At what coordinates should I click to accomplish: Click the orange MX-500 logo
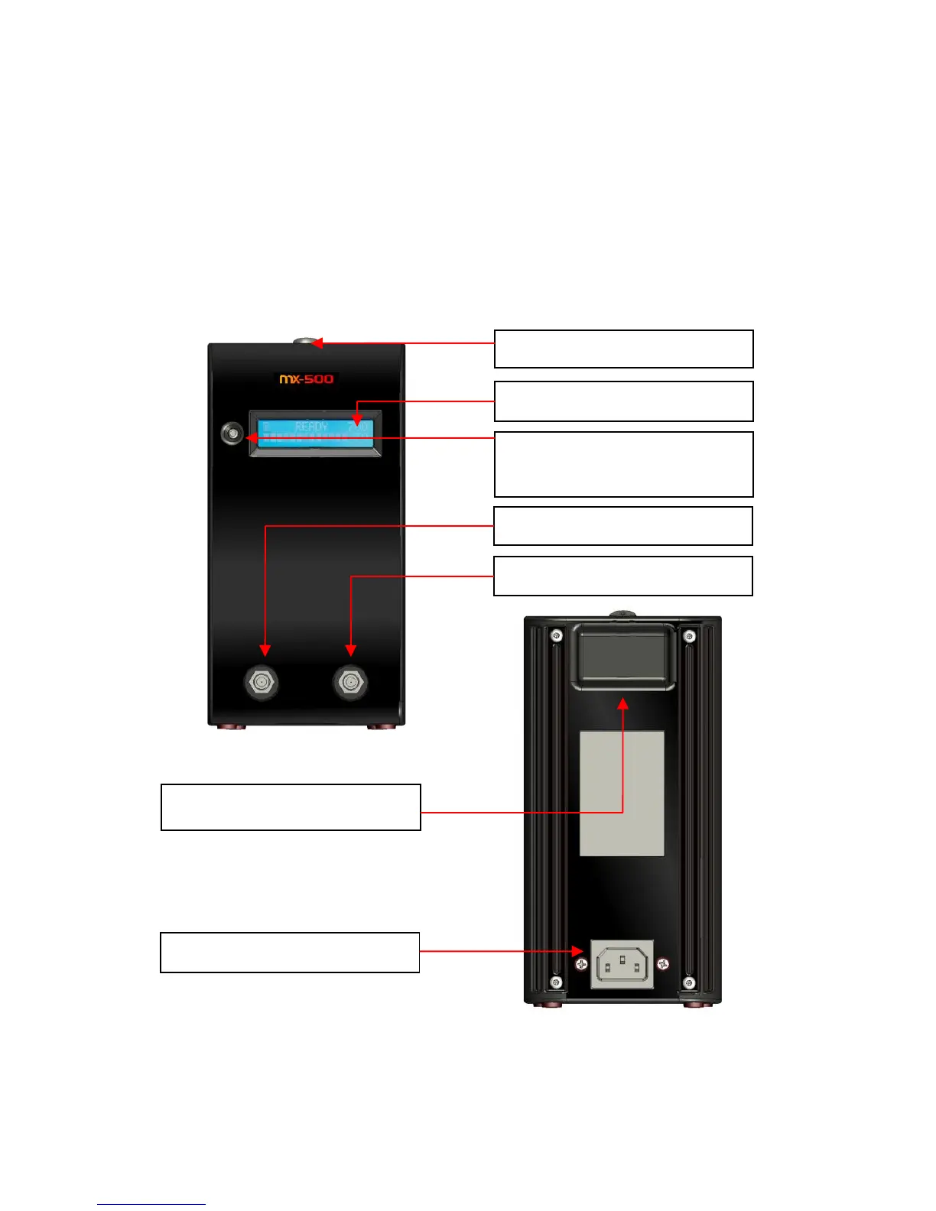tap(306, 378)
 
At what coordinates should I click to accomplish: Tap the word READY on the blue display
tap(311, 427)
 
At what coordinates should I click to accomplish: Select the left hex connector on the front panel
tap(261, 682)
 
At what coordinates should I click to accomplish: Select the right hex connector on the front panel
tap(350, 682)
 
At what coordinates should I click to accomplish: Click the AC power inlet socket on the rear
tap(622, 964)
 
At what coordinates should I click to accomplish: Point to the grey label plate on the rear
tap(622, 793)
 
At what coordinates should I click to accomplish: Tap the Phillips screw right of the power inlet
tap(663, 963)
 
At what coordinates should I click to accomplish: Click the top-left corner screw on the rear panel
tap(556, 635)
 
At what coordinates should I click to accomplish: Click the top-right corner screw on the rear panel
tap(689, 635)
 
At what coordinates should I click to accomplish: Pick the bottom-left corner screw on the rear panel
tap(556, 982)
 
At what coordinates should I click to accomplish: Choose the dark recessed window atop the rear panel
tap(622, 655)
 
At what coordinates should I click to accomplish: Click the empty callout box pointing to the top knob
tap(623, 349)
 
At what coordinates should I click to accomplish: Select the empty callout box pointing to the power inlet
tap(290, 952)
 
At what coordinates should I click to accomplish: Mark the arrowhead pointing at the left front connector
tap(265, 650)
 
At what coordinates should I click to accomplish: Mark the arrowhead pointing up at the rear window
tap(623, 702)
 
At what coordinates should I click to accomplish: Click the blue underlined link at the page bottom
tap(151, 1204)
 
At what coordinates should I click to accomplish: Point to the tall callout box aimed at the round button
tap(623, 464)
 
